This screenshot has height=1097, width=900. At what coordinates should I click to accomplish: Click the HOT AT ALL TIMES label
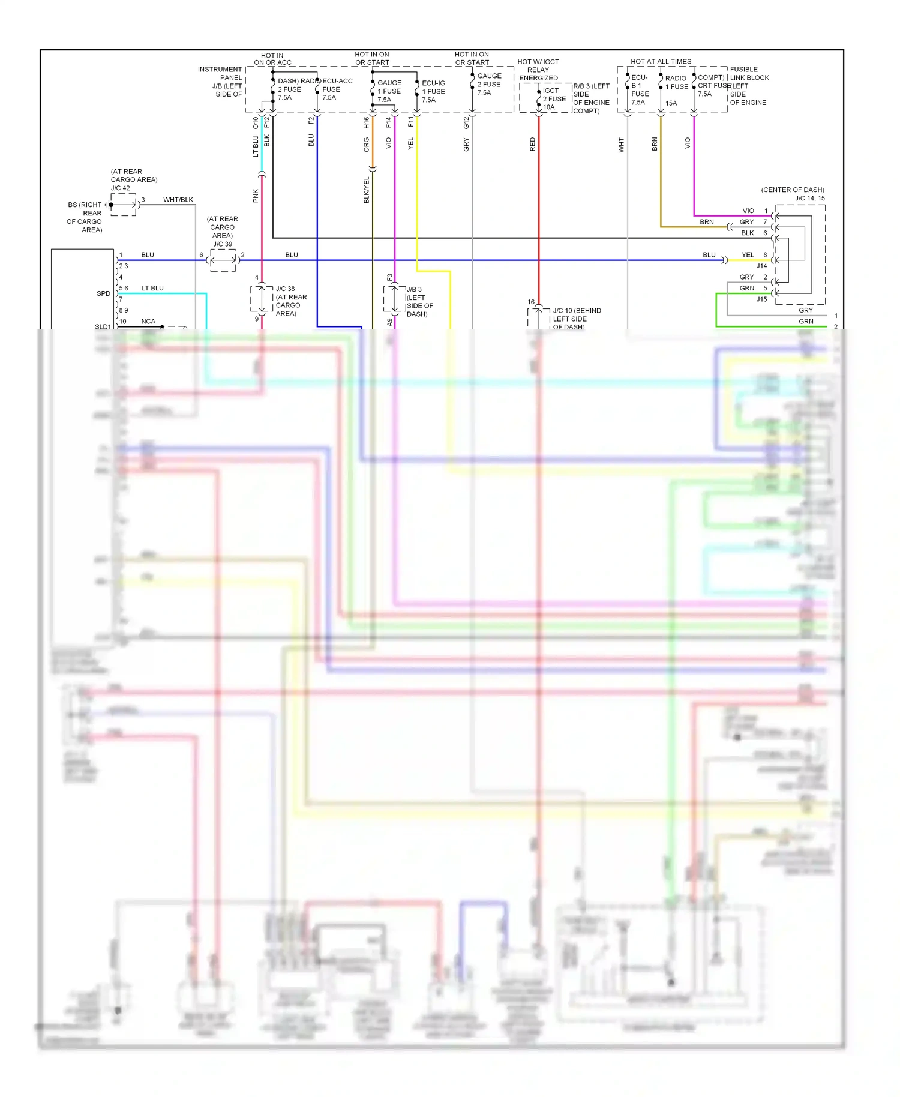pyautogui.click(x=661, y=61)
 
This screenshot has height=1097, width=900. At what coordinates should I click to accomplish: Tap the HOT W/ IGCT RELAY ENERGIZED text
pyautogui.click(x=538, y=70)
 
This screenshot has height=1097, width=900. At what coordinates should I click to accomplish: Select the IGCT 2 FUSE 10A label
pyautogui.click(x=553, y=99)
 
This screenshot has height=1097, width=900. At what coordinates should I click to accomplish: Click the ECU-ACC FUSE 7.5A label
pyautogui.click(x=336, y=89)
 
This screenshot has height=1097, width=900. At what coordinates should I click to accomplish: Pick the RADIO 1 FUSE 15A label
pyautogui.click(x=675, y=87)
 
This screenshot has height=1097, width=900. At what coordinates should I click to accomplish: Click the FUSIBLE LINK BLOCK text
pyautogui.click(x=749, y=73)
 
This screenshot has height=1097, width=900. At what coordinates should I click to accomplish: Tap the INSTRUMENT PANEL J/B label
pyautogui.click(x=221, y=82)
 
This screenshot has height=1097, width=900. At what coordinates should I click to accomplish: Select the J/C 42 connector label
pyautogui.click(x=120, y=188)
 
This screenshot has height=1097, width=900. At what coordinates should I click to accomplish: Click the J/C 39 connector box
pyautogui.click(x=223, y=260)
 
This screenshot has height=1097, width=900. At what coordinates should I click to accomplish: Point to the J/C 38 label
pyautogui.click(x=285, y=289)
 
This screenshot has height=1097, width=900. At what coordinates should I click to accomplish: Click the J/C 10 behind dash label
pyautogui.click(x=576, y=318)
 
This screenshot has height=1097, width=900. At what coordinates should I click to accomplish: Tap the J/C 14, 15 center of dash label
pyautogui.click(x=793, y=194)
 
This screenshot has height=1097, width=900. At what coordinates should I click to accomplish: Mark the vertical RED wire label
pyautogui.click(x=532, y=144)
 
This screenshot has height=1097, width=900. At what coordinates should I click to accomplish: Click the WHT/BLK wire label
pyautogui.click(x=178, y=200)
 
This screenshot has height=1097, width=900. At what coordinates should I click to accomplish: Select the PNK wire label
pyautogui.click(x=256, y=196)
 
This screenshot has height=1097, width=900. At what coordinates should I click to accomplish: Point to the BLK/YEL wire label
pyautogui.click(x=367, y=190)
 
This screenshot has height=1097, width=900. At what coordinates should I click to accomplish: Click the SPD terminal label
pyautogui.click(x=103, y=293)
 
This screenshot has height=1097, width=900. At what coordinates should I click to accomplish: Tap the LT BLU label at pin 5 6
pyautogui.click(x=152, y=288)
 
